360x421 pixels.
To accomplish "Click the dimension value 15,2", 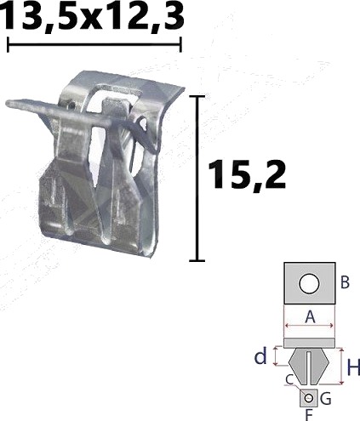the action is [x=247, y=174].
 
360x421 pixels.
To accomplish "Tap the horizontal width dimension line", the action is [x=94, y=44].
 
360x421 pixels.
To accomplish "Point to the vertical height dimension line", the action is [x=197, y=179].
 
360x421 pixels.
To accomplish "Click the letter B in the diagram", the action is [x=345, y=282].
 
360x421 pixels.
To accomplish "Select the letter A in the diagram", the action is [x=310, y=317].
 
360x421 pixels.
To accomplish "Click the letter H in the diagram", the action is [x=353, y=367].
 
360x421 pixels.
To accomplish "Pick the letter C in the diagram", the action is [x=289, y=380].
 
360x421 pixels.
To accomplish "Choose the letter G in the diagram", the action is [x=325, y=399].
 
